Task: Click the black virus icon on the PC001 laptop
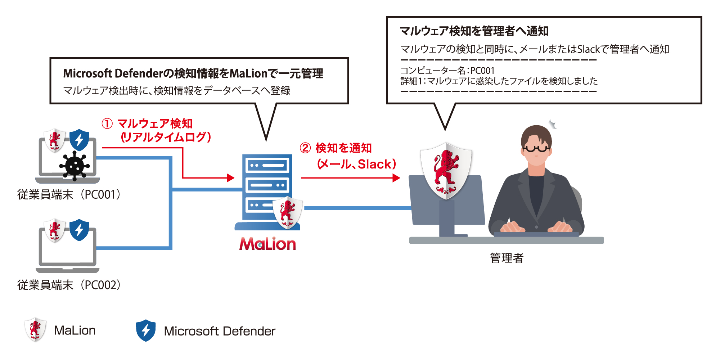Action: click(x=75, y=166)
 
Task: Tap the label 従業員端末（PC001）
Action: click(x=69, y=195)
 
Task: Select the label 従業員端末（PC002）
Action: click(x=69, y=285)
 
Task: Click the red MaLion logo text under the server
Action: click(x=267, y=244)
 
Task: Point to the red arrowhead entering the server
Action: click(x=231, y=178)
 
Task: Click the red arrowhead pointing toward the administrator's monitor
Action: click(x=396, y=178)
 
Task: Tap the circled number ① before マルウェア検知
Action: click(x=107, y=124)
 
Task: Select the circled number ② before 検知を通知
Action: click(x=305, y=148)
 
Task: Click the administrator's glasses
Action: click(x=536, y=148)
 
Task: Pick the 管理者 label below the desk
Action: click(x=507, y=258)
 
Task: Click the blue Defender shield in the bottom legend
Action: click(x=146, y=330)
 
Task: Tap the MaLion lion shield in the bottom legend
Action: click(x=35, y=329)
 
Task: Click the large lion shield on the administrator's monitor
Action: click(x=446, y=171)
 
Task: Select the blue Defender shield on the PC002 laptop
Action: click(x=79, y=230)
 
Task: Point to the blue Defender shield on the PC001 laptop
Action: click(x=79, y=140)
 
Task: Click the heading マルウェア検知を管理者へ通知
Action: click(x=474, y=31)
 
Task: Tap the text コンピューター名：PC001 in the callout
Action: click(x=447, y=71)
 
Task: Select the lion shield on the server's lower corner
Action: click(x=287, y=213)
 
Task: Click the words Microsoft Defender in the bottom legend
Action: click(x=220, y=331)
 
